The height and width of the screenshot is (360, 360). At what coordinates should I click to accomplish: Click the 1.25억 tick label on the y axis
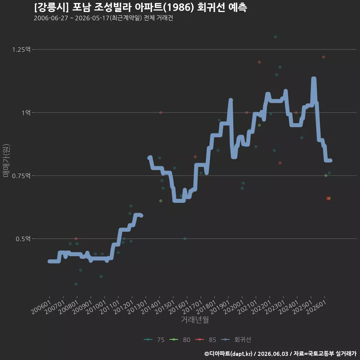tap(21, 49)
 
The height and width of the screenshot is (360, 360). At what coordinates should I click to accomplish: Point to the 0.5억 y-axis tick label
tap(23, 239)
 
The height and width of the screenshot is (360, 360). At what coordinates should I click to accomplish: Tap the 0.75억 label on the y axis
tap(21, 176)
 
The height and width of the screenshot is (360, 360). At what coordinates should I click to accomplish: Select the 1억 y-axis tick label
tap(26, 113)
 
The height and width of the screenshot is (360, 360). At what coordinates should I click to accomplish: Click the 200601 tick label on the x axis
tap(41, 307)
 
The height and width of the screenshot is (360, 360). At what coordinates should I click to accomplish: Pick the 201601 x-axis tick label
tap(178, 307)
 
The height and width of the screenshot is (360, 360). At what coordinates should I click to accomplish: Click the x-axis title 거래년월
tap(195, 319)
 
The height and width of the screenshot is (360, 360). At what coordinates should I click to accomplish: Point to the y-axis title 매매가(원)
tap(6, 161)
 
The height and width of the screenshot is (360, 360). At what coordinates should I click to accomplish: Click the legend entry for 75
tap(154, 340)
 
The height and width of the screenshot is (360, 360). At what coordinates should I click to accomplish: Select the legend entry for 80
tap(180, 340)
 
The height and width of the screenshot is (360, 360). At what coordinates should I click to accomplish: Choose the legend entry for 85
tap(206, 340)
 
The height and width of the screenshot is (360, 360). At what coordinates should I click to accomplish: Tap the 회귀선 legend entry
tap(236, 340)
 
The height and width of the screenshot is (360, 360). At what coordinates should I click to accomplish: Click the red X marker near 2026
tap(328, 198)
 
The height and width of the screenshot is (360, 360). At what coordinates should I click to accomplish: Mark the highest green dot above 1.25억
tap(275, 37)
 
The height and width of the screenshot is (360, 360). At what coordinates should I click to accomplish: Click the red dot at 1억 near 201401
tap(161, 112)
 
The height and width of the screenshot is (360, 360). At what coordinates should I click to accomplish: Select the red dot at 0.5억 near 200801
tap(76, 239)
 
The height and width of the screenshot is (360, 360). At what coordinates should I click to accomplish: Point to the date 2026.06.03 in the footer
tap(273, 354)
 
